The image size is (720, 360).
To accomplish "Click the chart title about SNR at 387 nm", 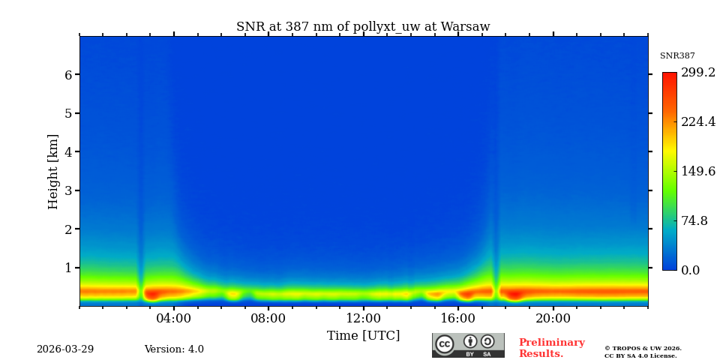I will (x=363, y=27).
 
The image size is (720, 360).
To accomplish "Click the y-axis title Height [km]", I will (x=53, y=171).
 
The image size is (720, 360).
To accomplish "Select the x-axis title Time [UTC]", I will (x=363, y=336).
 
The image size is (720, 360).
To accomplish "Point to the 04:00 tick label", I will (x=174, y=319).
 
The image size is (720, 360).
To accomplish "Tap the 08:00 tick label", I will (x=268, y=319).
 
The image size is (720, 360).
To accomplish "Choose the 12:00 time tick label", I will (x=363, y=319).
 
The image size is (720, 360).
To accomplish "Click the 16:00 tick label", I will (x=458, y=319).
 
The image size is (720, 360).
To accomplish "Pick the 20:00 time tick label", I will (x=553, y=319).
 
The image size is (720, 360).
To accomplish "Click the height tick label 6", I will (x=67, y=75).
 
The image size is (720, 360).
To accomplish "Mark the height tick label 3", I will (x=67, y=190).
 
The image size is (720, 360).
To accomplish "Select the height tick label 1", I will (x=67, y=268).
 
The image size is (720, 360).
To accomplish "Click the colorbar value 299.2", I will (x=697, y=73).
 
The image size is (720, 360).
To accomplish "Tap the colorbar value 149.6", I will (x=697, y=171).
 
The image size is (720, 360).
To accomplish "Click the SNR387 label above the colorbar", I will (x=677, y=56).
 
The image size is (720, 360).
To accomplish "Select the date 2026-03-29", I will (x=65, y=349).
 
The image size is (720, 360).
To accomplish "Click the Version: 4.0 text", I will (x=174, y=349).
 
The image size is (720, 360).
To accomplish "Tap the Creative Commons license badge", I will (x=468, y=345).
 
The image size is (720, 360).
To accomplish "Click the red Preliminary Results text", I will (x=551, y=348).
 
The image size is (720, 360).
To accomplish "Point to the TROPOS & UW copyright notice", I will (x=643, y=352).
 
